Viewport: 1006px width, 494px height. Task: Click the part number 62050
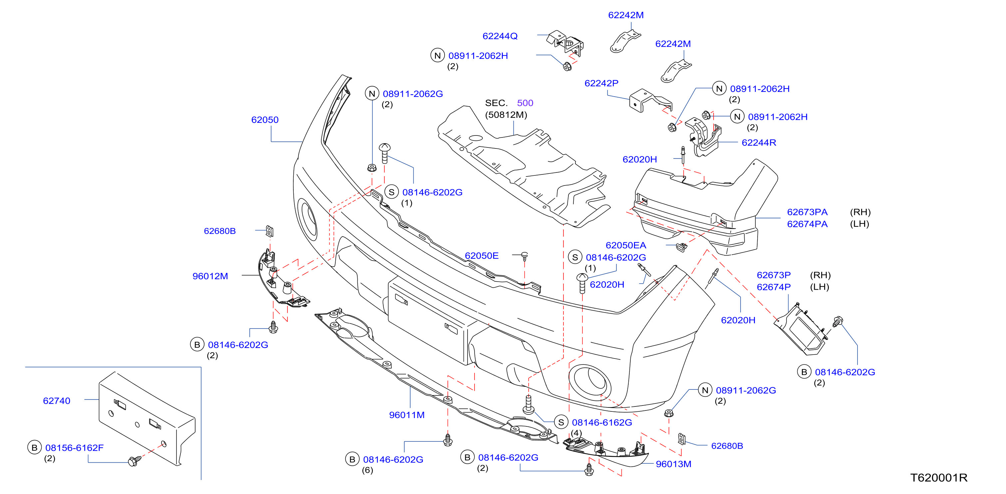click(265, 120)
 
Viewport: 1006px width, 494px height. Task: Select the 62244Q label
click(500, 36)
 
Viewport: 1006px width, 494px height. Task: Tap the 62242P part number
click(601, 83)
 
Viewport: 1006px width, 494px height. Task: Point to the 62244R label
click(759, 142)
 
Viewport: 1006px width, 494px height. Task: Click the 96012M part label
click(210, 276)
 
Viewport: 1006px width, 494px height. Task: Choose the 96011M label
click(407, 415)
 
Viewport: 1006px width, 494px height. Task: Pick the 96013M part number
click(673, 464)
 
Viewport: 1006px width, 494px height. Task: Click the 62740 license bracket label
click(57, 401)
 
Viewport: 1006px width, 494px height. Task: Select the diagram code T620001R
click(939, 478)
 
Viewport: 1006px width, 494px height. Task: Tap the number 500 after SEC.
click(525, 103)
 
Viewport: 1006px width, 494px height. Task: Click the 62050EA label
click(626, 245)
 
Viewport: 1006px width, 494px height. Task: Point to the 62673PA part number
click(807, 212)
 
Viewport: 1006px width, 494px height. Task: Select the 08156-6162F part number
click(74, 447)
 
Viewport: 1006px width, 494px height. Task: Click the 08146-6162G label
click(602, 422)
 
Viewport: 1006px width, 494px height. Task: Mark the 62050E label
click(482, 255)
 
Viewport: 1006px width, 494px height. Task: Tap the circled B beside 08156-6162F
click(34, 447)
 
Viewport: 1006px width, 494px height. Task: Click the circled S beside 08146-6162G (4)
click(561, 422)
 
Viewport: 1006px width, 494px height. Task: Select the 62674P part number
click(774, 287)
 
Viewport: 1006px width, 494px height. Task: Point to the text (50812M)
click(506, 115)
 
